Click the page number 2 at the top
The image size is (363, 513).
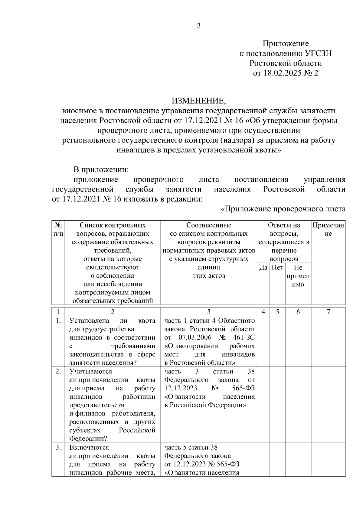[x=199, y=26]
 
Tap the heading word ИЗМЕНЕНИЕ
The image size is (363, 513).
[x=199, y=101]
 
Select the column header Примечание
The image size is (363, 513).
[x=328, y=229]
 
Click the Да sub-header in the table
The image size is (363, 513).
[x=263, y=267]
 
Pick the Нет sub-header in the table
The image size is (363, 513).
[x=277, y=267]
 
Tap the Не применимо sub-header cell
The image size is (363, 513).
[x=298, y=276]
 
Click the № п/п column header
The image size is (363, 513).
[x=58, y=229]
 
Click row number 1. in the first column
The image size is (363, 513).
[x=58, y=321]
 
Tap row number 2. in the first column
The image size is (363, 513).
[x=58, y=371]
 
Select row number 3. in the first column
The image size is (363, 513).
[x=58, y=447]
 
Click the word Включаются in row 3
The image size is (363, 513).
[x=89, y=447]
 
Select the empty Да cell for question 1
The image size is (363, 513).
[x=263, y=341]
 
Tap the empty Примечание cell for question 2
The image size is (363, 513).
[x=328, y=405]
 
